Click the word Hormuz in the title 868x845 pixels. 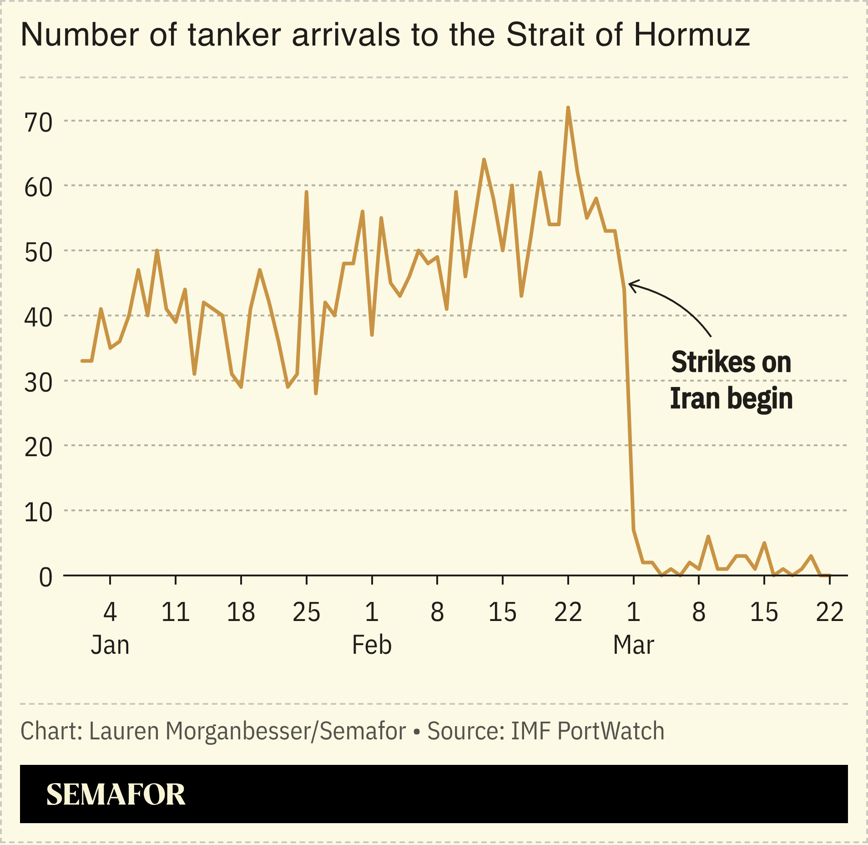[x=691, y=35]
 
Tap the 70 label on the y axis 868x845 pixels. [x=39, y=122]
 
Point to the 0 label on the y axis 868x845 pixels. [x=45, y=577]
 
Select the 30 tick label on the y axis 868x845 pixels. [x=39, y=382]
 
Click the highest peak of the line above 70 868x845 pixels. [x=568, y=108]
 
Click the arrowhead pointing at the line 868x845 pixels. [x=631, y=285]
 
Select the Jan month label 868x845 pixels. [x=110, y=645]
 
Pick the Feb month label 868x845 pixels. [x=372, y=645]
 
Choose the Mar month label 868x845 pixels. [x=633, y=645]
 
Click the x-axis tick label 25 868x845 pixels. [x=306, y=612]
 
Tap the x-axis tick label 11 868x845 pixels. [x=175, y=612]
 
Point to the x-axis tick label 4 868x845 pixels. [x=110, y=612]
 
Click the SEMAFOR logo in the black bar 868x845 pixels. [x=116, y=794]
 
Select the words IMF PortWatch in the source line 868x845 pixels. [x=587, y=731]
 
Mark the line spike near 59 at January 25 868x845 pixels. [x=306, y=193]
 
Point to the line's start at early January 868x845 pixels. [x=82, y=361]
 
